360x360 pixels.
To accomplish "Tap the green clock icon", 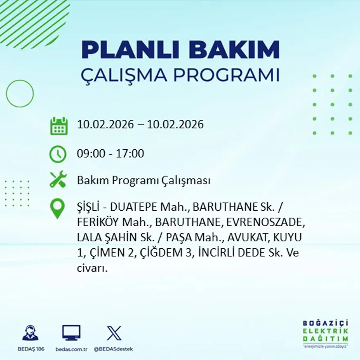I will [x=58, y=154].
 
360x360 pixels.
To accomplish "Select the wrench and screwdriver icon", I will [x=58, y=180].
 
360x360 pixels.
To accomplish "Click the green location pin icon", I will [x=57, y=208].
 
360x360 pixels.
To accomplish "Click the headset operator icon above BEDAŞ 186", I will [x=30, y=333].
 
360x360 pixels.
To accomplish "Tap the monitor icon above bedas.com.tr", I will [x=71, y=333].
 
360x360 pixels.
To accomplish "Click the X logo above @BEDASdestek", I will [x=114, y=333].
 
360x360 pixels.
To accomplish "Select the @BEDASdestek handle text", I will [x=113, y=349].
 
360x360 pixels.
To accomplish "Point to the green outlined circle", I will [x=20, y=94].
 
